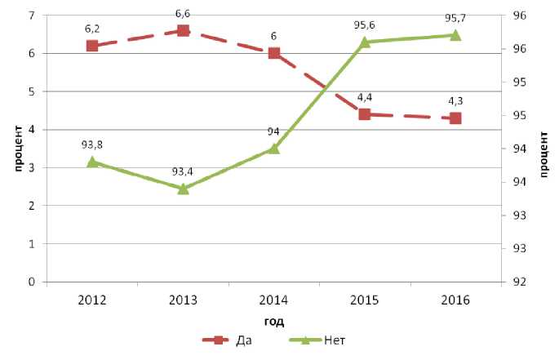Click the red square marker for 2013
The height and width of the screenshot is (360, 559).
[184, 31]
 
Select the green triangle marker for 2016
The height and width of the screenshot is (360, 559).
[455, 35]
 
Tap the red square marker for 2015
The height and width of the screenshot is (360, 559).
[365, 114]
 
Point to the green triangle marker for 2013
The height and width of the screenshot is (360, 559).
[184, 188]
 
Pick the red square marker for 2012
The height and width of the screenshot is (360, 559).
[92, 46]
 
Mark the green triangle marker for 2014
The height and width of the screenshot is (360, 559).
[274, 149]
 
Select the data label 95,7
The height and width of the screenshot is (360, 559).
[455, 18]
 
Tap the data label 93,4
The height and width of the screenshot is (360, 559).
[184, 171]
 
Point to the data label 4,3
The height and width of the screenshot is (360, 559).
[455, 101]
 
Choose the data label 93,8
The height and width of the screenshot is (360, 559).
[92, 144]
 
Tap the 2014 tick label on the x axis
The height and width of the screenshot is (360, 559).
[274, 299]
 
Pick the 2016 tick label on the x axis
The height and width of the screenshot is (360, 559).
[455, 299]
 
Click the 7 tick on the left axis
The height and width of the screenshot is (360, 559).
[31, 16]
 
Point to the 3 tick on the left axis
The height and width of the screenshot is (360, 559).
[31, 168]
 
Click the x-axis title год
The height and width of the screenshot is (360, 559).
[274, 321]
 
